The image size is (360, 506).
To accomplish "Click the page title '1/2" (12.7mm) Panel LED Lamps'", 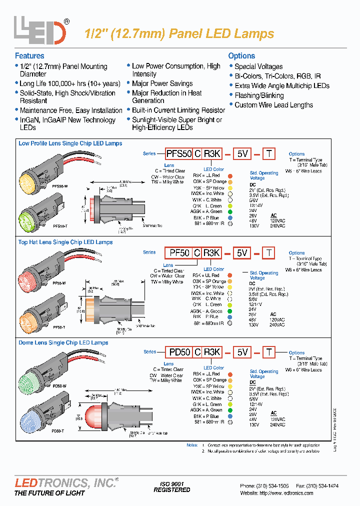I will (177, 33).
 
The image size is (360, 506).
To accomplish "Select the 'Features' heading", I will (29, 56).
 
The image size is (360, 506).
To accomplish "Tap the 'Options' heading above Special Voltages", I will (241, 56).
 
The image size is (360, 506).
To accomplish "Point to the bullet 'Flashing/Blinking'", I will (259, 95).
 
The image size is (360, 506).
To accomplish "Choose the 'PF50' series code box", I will (179, 253).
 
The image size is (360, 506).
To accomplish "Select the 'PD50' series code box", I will (179, 352).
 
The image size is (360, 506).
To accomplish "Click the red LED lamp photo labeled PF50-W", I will (30, 278).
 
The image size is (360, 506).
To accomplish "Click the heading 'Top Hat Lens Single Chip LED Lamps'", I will (65, 242).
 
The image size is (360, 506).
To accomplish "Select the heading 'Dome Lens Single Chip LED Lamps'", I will (63, 343).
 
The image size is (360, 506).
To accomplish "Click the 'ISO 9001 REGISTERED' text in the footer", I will (171, 487).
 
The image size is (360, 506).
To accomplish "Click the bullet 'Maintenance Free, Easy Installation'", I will (71, 110).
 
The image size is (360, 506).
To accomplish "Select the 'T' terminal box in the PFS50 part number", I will (269, 154).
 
